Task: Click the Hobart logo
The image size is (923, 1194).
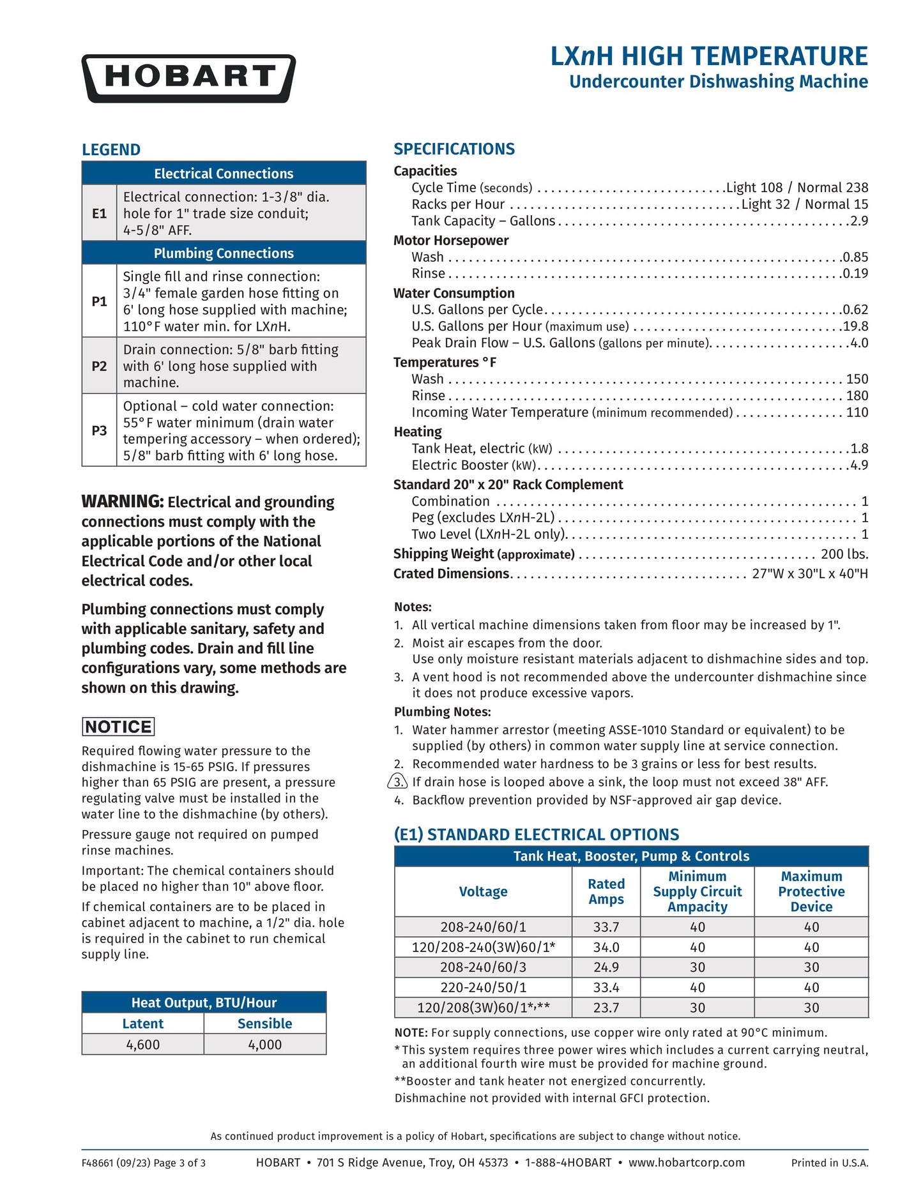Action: coord(188,78)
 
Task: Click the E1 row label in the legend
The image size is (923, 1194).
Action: coord(99,213)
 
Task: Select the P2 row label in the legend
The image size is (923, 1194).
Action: coord(99,366)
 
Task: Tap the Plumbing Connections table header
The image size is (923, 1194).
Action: coord(224,253)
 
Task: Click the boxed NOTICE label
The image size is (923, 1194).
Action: coord(118,727)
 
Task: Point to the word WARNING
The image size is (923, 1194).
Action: coord(122,502)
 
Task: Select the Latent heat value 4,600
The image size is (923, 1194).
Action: coord(143,1045)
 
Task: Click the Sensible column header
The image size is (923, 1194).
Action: coord(264,1024)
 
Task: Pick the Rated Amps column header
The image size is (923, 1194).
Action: coord(606,891)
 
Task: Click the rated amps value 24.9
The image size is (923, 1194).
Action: coord(606,967)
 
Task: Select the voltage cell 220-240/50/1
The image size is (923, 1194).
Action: coord(484,987)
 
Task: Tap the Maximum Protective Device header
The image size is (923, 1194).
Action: coord(811,891)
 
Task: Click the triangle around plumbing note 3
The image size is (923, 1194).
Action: coord(398,782)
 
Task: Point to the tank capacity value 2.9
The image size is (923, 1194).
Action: coord(859,221)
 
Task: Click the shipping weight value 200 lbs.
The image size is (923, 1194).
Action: coord(844,554)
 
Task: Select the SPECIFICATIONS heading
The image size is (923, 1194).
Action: coord(454,149)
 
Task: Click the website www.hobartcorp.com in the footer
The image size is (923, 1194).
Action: coord(687,1163)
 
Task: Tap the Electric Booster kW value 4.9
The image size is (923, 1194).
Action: coord(859,465)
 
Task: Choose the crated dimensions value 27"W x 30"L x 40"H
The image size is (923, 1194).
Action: coord(810,574)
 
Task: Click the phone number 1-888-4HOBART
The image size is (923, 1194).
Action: coord(568,1163)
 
